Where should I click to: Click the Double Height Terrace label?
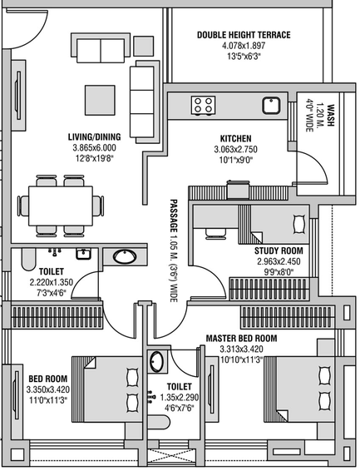coord(244,35)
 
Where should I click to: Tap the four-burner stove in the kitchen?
coord(204,105)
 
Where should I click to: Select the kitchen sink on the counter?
coord(272,105)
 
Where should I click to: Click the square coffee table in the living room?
coord(100,100)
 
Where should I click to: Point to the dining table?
coord(61,206)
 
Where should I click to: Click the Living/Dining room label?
coord(95,137)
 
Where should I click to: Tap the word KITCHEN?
coord(236,138)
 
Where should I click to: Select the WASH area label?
coord(330,116)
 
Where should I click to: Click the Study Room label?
coord(279,250)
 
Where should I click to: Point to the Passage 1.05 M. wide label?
coord(173,250)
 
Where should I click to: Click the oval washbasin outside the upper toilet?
coord(125,256)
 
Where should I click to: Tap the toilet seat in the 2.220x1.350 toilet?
coord(28,259)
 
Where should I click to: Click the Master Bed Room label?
coord(241,339)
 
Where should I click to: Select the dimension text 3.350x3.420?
coord(48,389)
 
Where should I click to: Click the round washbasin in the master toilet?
coord(156,361)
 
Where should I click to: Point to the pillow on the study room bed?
coord(299,224)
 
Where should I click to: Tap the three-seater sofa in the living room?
coord(142,102)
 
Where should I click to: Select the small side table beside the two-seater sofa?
coord(143,46)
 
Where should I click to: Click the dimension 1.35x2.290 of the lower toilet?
coord(180,398)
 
